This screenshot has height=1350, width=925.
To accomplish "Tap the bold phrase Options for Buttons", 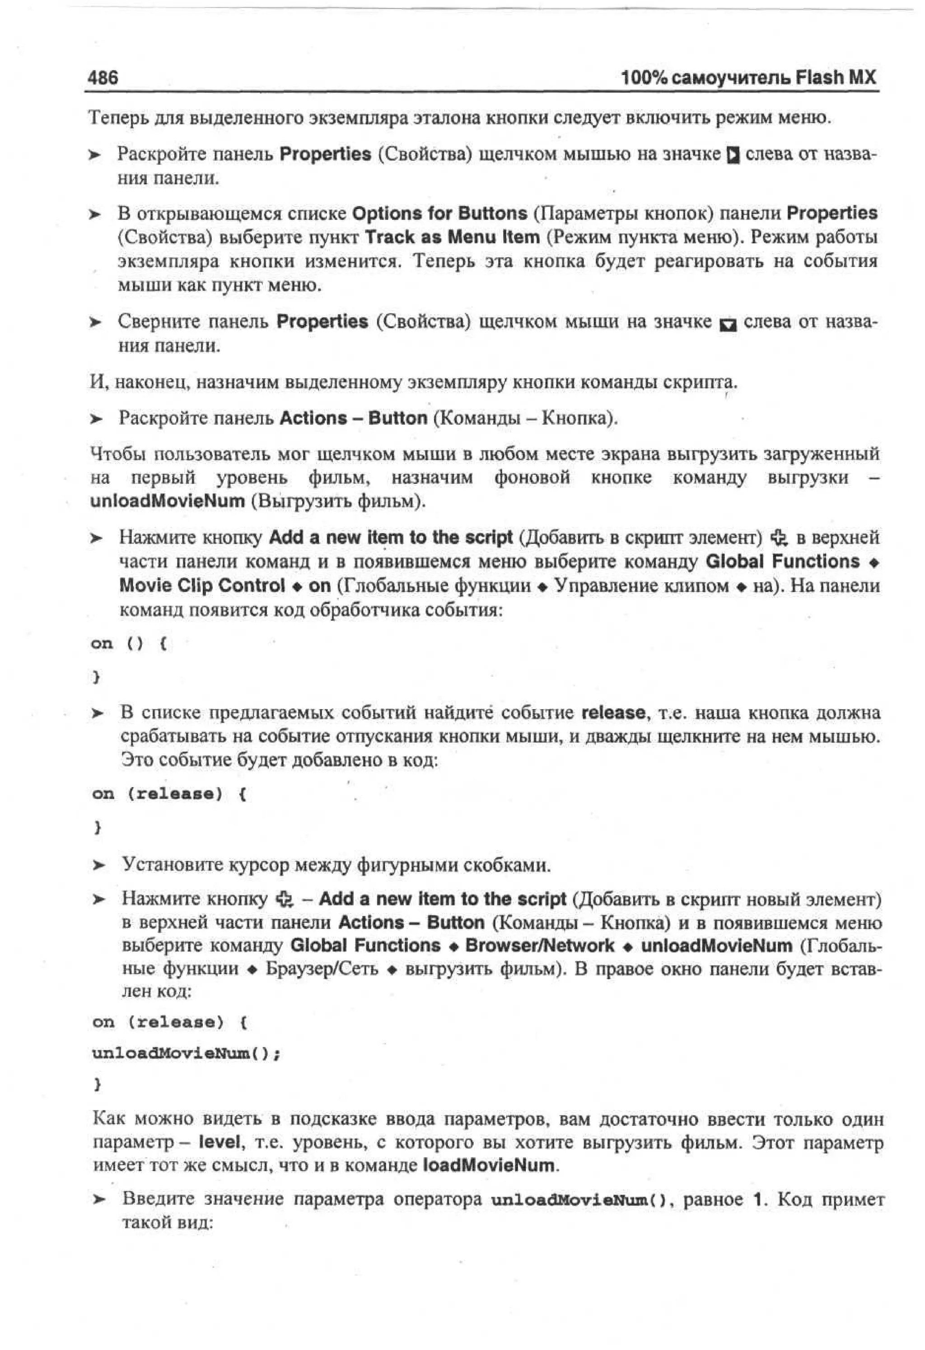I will tap(439, 213).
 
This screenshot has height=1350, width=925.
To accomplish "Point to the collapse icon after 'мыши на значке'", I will tap(727, 324).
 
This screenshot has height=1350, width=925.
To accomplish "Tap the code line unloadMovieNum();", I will tap(186, 1053).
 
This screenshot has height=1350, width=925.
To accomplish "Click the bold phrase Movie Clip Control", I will tap(201, 586).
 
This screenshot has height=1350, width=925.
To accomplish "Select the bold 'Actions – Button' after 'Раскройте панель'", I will tap(353, 418).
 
